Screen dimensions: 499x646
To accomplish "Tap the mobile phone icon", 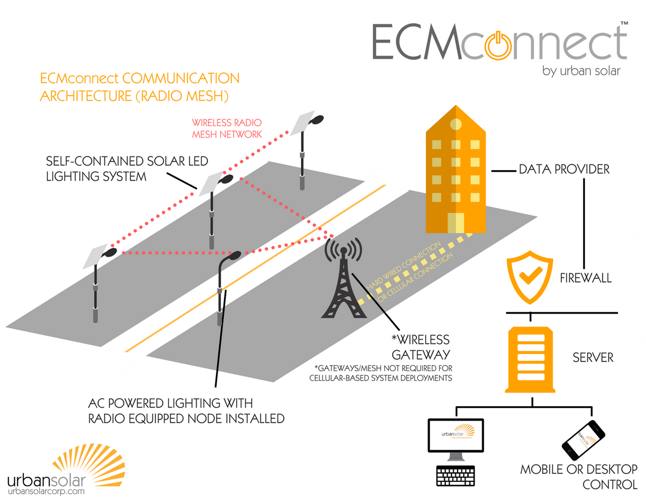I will click(583, 439).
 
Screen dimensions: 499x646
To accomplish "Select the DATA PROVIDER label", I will click(564, 169).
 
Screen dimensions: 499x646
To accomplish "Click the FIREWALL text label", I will click(585, 278).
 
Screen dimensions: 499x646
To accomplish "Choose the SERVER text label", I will click(593, 357).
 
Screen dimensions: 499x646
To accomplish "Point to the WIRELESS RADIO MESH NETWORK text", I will click(227, 128).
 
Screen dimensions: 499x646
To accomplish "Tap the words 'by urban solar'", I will click(581, 71).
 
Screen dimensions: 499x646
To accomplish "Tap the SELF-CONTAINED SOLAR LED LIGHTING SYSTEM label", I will click(127, 168).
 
